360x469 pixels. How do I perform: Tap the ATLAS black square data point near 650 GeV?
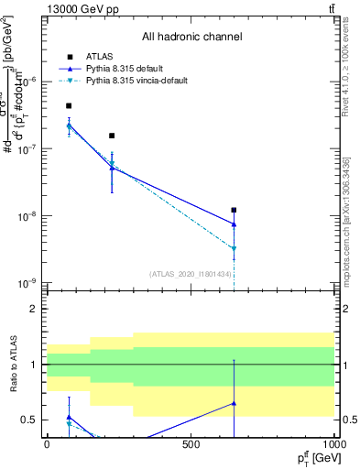tap(235, 211)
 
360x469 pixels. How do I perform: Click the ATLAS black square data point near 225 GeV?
tap(112, 136)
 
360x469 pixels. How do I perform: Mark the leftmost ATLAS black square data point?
tap(69, 106)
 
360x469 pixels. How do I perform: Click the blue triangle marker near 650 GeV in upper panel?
tap(235, 224)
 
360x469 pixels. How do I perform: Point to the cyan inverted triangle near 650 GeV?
tap(235, 249)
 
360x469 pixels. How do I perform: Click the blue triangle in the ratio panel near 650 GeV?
tap(235, 403)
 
